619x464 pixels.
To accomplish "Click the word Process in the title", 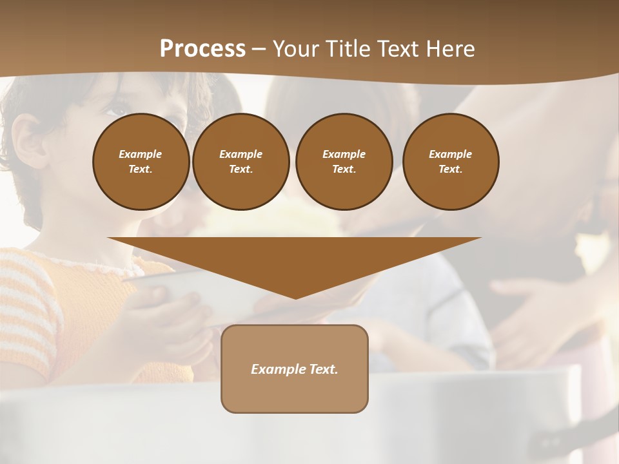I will coord(202,48).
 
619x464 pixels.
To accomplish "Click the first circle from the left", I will coord(141,161).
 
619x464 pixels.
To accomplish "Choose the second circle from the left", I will coord(241,161).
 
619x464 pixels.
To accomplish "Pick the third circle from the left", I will coord(344,161).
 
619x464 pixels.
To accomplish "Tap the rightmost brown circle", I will coord(450,161).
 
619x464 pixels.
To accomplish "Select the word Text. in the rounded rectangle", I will coord(324,369).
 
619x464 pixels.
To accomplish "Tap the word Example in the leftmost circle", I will coord(141,154).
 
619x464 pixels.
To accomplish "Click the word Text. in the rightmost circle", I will coord(450,169).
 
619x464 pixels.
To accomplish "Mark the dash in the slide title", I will coord(259,49).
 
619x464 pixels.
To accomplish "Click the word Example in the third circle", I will coord(344,154).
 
